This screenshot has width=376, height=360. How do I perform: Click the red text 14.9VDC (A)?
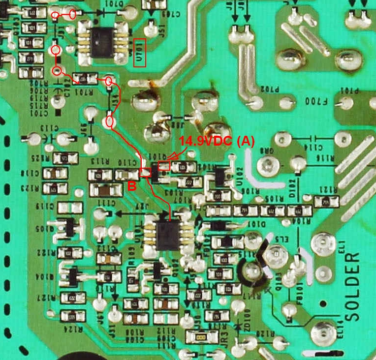pos(217,142)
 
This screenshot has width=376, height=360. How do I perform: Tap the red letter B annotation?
pos(131,185)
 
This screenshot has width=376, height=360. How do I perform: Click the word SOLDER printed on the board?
pos(355,288)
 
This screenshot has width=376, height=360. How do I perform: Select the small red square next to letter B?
pos(146,172)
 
